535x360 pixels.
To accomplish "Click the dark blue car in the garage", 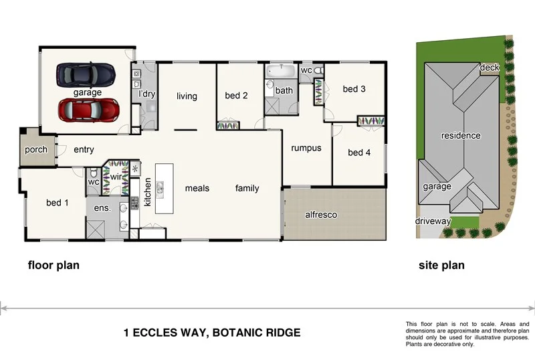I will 85,74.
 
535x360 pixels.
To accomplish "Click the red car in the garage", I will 88,110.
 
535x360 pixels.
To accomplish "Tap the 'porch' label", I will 36,150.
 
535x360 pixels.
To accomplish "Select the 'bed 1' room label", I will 58,203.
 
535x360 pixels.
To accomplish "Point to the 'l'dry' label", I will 146,94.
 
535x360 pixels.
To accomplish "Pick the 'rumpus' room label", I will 306,149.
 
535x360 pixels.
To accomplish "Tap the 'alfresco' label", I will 321,215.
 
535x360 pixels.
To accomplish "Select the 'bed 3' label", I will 354,89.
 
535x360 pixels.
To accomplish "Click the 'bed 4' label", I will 359,153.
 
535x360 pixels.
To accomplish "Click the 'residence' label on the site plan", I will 460,136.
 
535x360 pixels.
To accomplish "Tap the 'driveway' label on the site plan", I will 433,221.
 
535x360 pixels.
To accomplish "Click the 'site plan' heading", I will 441,266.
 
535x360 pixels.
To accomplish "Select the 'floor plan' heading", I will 53,266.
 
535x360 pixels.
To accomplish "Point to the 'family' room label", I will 247,189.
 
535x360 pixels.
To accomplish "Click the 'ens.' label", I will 102,208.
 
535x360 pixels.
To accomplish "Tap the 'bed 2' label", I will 236,96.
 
